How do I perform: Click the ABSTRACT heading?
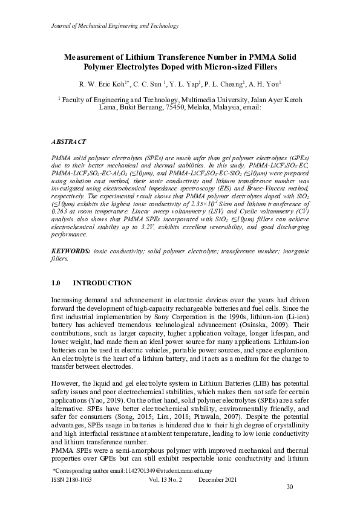click(68, 141)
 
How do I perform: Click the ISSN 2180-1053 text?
click(69, 478)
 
